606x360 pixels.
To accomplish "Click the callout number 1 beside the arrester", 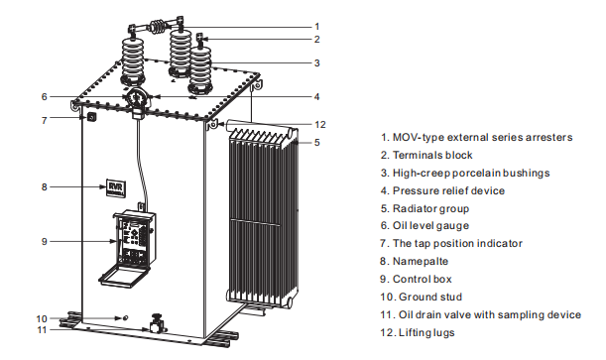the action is pos(317,27).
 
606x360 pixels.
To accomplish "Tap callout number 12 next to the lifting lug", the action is pos(320,124).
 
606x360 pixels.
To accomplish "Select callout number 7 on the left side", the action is pos(44,121).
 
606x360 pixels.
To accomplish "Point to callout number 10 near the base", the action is pos(42,319).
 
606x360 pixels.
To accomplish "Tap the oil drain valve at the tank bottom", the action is pos(157,323).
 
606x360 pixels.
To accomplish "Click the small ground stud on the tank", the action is pos(124,317).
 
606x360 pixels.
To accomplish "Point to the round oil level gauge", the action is pos(137,97).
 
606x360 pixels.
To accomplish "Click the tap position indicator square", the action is pos(92,116).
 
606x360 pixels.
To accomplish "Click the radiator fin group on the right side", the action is pos(263,212).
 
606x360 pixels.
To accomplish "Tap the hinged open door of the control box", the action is pos(124,275).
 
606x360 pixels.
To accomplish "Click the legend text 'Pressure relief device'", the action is pos(448,190).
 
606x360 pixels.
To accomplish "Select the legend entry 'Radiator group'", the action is pos(430,209).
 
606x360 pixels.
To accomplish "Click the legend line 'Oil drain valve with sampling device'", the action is pos(490,314).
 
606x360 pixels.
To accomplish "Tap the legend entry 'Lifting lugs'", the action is pos(426,333).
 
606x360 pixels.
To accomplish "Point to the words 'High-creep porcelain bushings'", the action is pos(471,173).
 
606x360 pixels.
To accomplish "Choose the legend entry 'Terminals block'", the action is pos(432,156).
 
